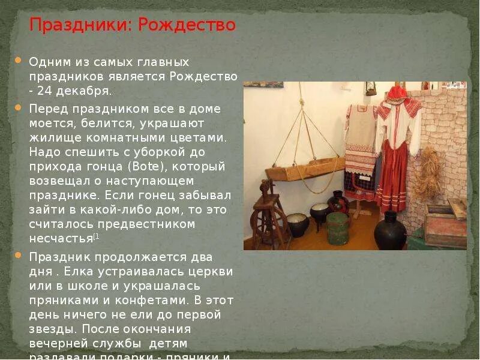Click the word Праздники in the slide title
(81, 26)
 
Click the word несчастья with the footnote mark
(61, 238)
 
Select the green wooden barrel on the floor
(337, 229)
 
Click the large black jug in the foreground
(390, 230)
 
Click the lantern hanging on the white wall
(371, 88)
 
